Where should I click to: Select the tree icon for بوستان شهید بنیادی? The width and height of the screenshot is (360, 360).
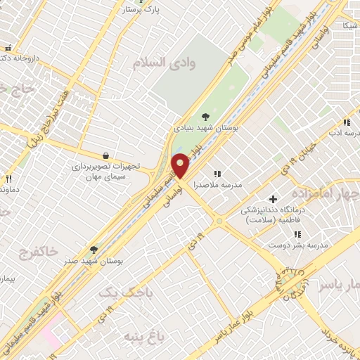click(205, 117)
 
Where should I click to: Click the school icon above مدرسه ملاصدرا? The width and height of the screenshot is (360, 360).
click(217, 173)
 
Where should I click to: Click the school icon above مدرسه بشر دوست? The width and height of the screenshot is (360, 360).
click(297, 233)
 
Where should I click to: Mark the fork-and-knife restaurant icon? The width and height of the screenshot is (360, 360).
click(8, 179)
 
